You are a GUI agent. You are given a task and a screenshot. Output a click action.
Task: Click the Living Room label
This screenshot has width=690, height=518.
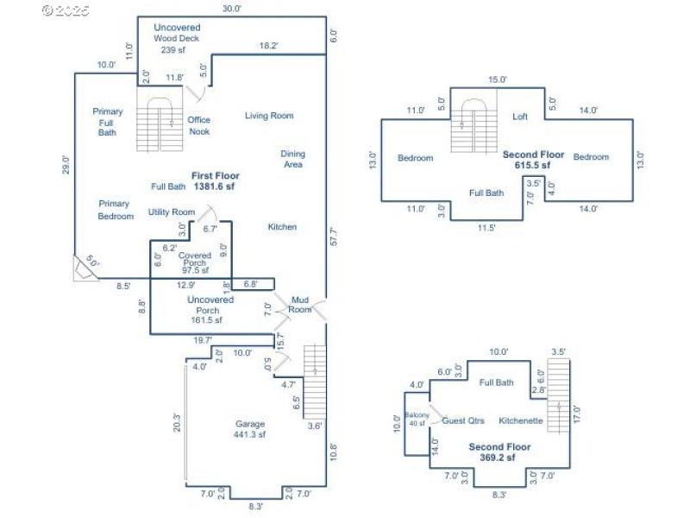[268, 116]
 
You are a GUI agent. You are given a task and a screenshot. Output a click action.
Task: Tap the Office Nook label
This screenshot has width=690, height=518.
[199, 126]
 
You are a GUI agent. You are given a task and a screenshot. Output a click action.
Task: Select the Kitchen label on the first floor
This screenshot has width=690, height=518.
[282, 227]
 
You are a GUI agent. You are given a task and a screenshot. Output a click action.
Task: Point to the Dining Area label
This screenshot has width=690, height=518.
[292, 160]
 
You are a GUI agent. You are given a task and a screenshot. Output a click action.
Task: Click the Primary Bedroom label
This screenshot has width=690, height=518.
[116, 210]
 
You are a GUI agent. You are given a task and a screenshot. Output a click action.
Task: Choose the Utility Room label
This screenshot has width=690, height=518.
[171, 212]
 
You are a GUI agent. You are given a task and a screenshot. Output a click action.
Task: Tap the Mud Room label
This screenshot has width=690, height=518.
[299, 305]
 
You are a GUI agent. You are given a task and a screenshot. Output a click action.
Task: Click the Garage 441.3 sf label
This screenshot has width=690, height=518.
[250, 429]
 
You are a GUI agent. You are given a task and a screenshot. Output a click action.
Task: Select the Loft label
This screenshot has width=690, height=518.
[520, 117]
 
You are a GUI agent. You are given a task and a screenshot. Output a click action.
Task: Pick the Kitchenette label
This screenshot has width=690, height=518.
[520, 421]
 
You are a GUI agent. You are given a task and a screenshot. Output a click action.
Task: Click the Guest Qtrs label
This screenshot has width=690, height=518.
[463, 421]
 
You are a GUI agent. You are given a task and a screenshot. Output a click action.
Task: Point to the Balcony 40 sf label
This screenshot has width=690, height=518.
[417, 419]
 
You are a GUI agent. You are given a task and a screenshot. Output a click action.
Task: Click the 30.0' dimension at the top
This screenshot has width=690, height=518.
[230, 9]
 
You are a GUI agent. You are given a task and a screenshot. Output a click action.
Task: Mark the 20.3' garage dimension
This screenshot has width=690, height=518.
[177, 423]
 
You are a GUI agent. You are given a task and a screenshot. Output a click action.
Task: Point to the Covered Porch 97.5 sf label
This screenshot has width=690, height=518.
[195, 262]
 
